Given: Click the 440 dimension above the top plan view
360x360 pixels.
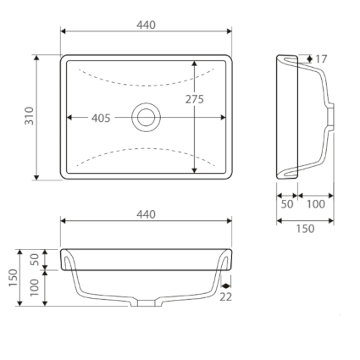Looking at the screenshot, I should (x=146, y=25).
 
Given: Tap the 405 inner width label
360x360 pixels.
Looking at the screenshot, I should (x=101, y=118).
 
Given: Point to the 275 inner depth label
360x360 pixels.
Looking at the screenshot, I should (x=194, y=99).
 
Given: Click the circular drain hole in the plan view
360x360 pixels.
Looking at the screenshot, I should (x=146, y=117).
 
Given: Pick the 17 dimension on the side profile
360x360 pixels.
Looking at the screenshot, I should (x=320, y=59).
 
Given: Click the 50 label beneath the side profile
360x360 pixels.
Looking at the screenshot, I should (x=286, y=204).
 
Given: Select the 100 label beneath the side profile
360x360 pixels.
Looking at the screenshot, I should (x=315, y=204).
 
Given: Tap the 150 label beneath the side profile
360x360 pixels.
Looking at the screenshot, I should (x=305, y=228).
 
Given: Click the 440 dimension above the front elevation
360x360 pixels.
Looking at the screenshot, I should (x=146, y=214).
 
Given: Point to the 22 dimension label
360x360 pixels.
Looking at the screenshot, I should (x=225, y=296).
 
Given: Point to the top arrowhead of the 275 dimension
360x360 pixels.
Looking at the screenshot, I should (x=195, y=64).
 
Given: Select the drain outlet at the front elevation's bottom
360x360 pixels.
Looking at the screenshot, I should (x=146, y=302).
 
